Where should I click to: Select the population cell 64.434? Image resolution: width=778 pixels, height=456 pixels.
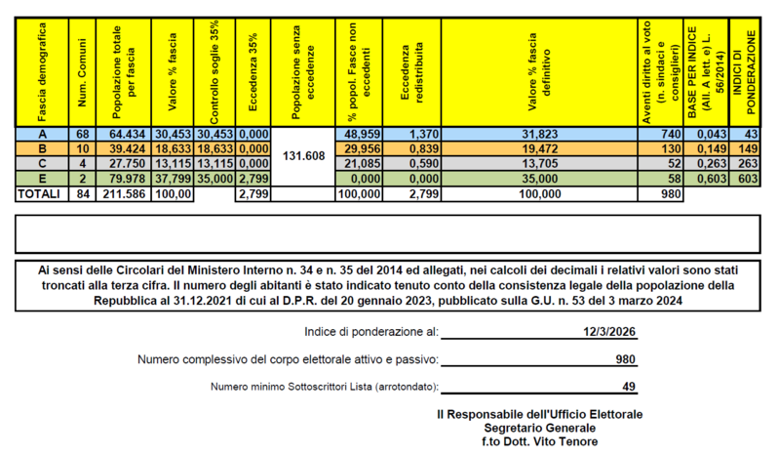click(125, 133)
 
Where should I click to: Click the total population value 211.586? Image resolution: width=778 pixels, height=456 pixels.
click(125, 194)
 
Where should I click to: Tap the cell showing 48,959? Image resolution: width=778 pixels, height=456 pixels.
click(361, 133)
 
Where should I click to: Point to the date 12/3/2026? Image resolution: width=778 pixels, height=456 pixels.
click(609, 332)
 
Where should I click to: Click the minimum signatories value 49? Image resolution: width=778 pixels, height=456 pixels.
click(629, 387)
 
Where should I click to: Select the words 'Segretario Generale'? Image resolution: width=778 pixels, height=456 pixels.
click(539, 428)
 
